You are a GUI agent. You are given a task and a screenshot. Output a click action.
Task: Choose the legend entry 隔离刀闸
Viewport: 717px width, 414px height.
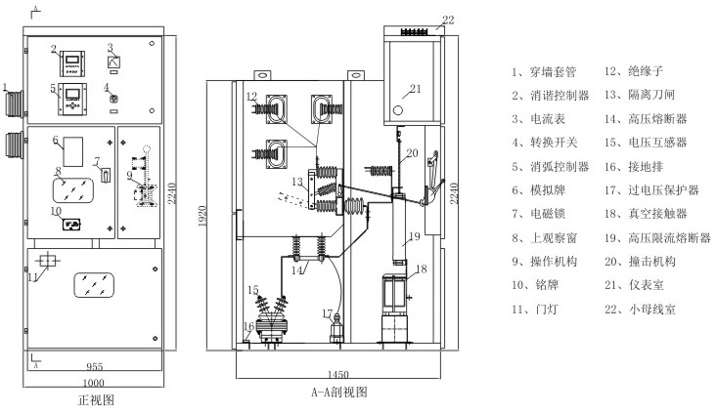point(643,95)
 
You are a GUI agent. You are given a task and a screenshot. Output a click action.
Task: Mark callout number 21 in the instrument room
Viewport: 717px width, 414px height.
point(414,89)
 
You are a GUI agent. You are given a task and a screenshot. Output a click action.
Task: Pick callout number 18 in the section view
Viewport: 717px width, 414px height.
point(423,269)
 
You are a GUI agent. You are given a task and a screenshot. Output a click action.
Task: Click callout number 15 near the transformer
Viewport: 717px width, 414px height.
point(251,290)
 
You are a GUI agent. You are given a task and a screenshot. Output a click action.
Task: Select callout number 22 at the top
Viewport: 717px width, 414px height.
point(447,19)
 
